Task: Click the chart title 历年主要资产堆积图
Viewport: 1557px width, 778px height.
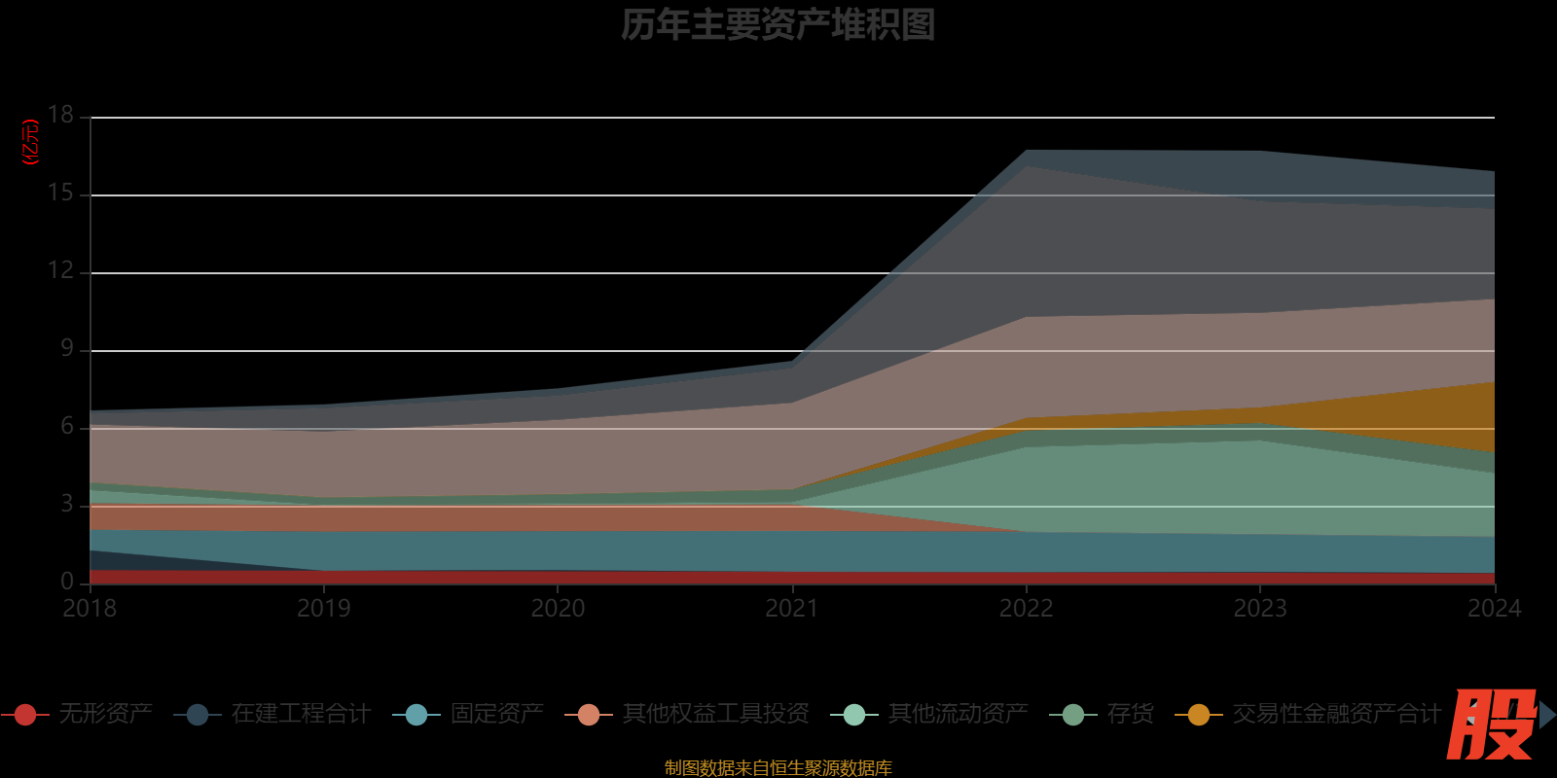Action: tap(778, 25)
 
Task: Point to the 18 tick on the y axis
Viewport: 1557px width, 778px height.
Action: tap(61, 115)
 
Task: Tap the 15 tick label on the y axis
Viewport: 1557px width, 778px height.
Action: tap(61, 193)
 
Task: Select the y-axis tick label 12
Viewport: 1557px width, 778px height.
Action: tap(61, 270)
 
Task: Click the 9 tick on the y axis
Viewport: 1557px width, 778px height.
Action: tap(67, 348)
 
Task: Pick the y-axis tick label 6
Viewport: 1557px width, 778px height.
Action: tap(67, 426)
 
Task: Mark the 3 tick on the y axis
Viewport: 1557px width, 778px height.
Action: tap(67, 504)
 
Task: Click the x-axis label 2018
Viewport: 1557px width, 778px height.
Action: tap(90, 609)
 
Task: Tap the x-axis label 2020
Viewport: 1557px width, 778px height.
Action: tap(558, 609)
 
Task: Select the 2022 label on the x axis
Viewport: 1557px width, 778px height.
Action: tap(1027, 609)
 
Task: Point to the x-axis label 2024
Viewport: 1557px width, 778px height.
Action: tap(1494, 609)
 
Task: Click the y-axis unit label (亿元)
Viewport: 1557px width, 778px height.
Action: tap(31, 142)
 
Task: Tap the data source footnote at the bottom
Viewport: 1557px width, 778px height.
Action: tap(778, 768)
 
